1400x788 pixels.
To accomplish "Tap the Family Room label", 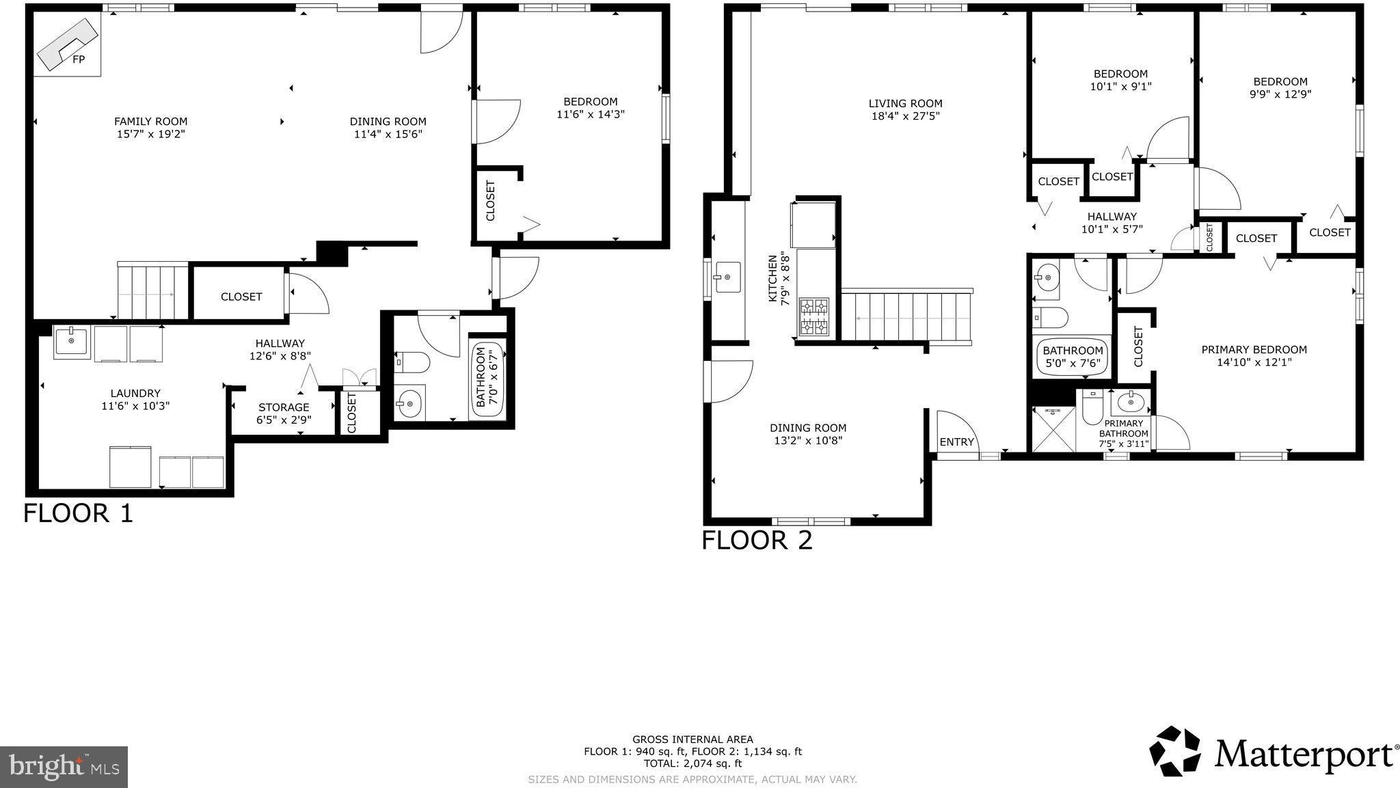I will [x=150, y=122].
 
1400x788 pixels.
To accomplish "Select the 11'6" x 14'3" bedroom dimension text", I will [x=591, y=114].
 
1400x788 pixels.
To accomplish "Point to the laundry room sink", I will [x=71, y=340].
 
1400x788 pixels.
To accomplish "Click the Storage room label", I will [x=284, y=407].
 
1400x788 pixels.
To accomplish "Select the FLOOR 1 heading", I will [x=78, y=513].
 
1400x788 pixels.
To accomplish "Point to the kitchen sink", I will [x=727, y=277].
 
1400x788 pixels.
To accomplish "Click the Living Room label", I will [x=905, y=104].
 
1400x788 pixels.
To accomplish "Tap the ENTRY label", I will [x=956, y=442].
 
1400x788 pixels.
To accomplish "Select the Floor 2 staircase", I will [x=906, y=316].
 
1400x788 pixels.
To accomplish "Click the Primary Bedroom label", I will [x=1254, y=350].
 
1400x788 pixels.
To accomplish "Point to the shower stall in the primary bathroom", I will [x=1053, y=429].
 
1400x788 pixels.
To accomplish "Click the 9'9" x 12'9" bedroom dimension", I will [x=1280, y=94].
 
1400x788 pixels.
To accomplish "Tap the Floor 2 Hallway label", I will [x=1112, y=217].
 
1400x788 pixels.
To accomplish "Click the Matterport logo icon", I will [x=1174, y=751].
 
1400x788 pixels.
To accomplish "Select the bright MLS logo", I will [x=64, y=766].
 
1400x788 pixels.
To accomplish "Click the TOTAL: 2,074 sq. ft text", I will [x=692, y=763].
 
